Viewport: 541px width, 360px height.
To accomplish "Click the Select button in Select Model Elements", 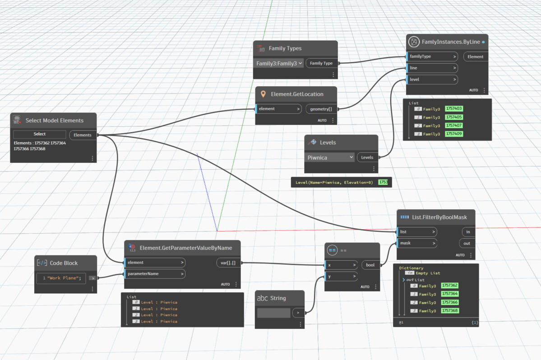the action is (40, 134).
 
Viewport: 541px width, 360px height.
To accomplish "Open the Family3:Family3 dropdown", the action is (279, 64).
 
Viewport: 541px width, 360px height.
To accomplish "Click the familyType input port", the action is (432, 56).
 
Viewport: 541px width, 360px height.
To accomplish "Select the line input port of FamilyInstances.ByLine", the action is (432, 68).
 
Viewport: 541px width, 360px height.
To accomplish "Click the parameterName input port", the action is (155, 274).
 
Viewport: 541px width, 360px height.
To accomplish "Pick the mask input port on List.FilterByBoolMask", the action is (417, 243).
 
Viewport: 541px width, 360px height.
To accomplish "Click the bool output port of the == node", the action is (370, 265).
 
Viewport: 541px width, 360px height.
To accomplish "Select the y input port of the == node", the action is (341, 276).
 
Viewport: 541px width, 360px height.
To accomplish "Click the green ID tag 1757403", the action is (454, 109).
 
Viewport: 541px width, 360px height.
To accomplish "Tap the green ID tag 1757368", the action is (449, 311).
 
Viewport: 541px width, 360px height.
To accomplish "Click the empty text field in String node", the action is (273, 313).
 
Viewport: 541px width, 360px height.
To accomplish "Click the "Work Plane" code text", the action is (64, 278).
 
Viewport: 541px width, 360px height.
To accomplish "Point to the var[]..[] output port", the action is (228, 263).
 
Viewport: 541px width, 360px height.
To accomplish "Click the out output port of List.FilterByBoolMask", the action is (467, 244).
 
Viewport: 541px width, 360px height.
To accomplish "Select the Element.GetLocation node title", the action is (297, 94).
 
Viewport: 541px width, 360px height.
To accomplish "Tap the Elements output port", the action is (83, 135).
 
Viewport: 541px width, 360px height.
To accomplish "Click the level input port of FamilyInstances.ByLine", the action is (432, 79).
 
